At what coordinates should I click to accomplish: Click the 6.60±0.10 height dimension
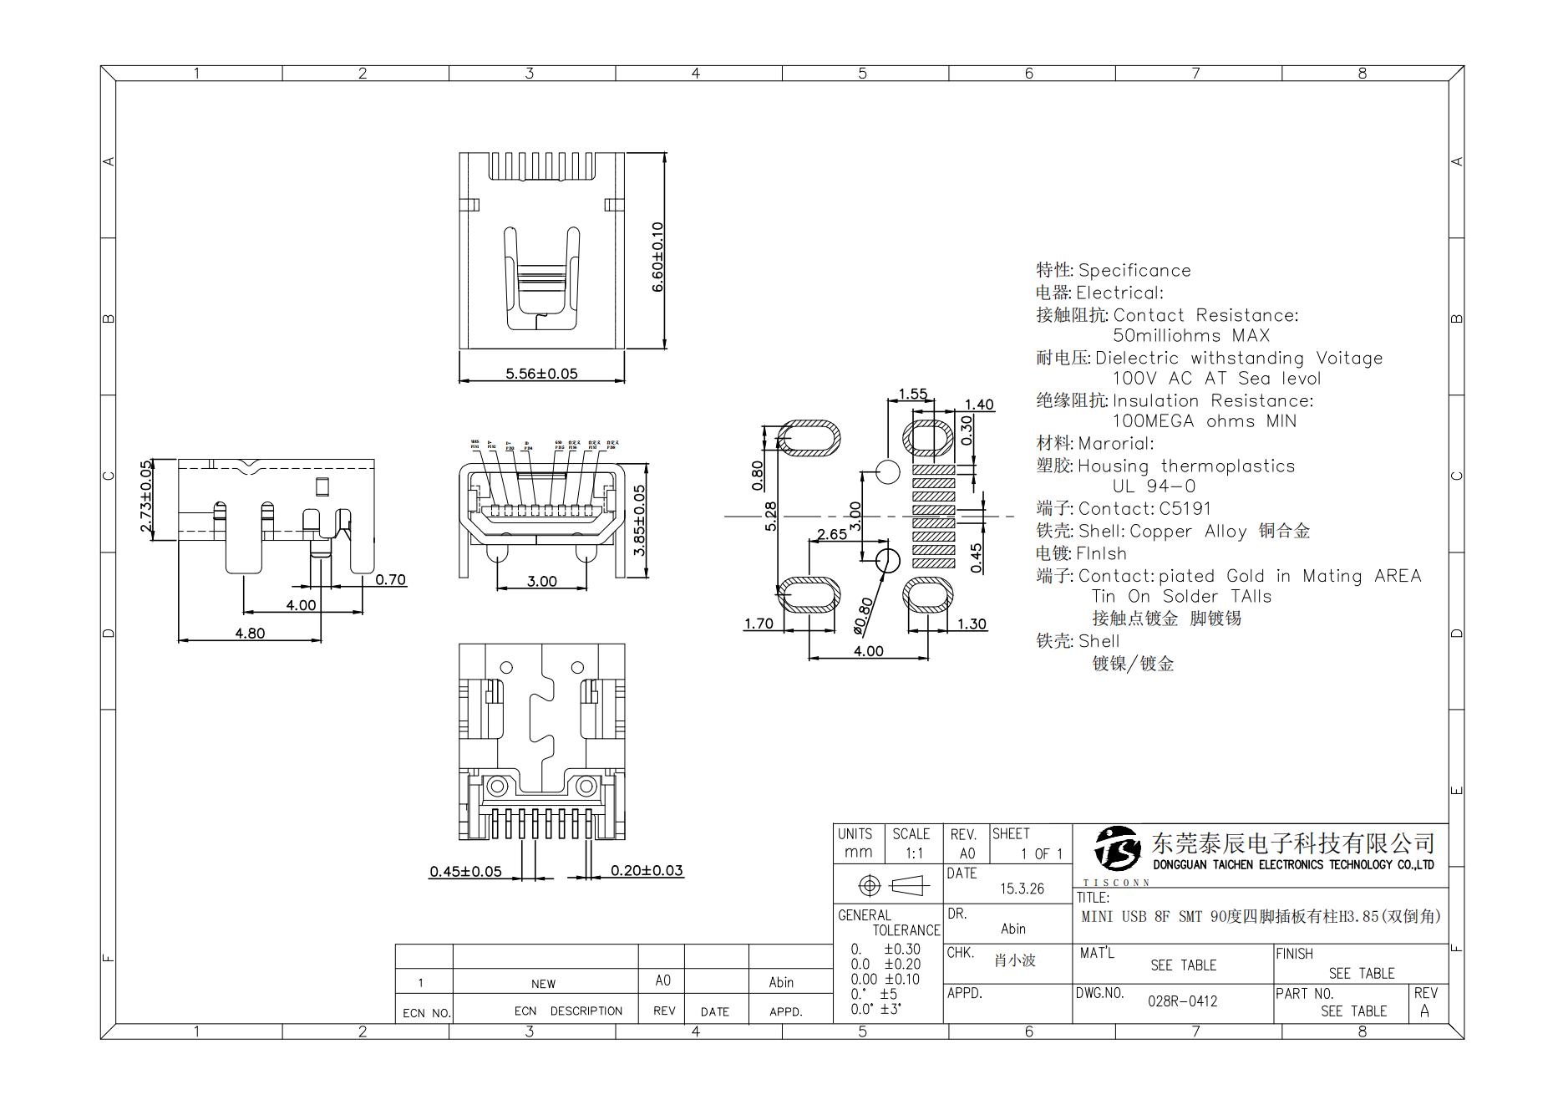click(657, 257)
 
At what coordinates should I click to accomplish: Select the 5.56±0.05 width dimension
click(541, 374)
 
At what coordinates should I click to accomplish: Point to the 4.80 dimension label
click(250, 633)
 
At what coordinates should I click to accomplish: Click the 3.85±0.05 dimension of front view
click(639, 520)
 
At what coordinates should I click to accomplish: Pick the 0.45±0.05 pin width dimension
click(465, 871)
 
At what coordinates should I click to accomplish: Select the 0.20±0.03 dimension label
click(647, 870)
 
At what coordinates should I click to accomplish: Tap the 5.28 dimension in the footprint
click(771, 516)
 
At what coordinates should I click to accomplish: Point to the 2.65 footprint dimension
click(831, 534)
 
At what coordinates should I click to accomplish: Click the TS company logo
click(1117, 848)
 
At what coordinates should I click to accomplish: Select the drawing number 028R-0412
click(1182, 1001)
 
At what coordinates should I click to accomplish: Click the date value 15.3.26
click(1022, 889)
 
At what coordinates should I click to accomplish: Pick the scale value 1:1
click(914, 853)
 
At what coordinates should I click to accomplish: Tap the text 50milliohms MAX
click(1190, 336)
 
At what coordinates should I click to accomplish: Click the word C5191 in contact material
click(1185, 508)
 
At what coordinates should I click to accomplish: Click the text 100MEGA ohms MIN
click(1204, 421)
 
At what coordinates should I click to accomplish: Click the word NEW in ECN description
click(543, 984)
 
